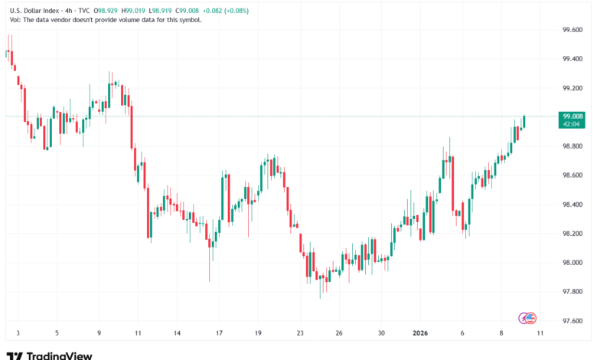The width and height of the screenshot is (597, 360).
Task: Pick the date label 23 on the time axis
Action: [x=301, y=333]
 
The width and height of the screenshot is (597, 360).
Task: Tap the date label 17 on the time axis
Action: [x=219, y=333]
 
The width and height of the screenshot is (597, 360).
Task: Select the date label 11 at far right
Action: [x=540, y=333]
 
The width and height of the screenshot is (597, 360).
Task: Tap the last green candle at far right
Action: [x=524, y=122]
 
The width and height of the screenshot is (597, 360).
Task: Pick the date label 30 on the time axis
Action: [x=382, y=333]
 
